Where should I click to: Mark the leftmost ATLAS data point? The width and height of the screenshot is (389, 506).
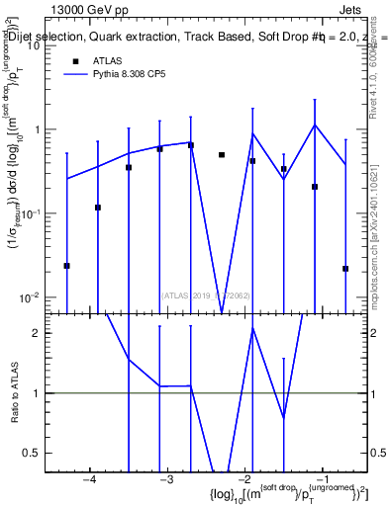pyautogui.click(x=67, y=266)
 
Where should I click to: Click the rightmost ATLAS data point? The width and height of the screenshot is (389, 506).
pyautogui.click(x=345, y=268)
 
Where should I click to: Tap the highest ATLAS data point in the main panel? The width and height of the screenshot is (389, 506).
pyautogui.click(x=191, y=145)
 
